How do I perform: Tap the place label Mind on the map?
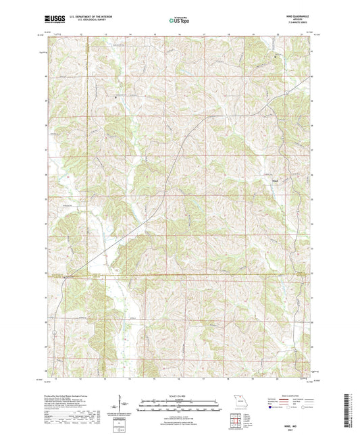click(274, 180)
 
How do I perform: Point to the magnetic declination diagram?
click(120, 403)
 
